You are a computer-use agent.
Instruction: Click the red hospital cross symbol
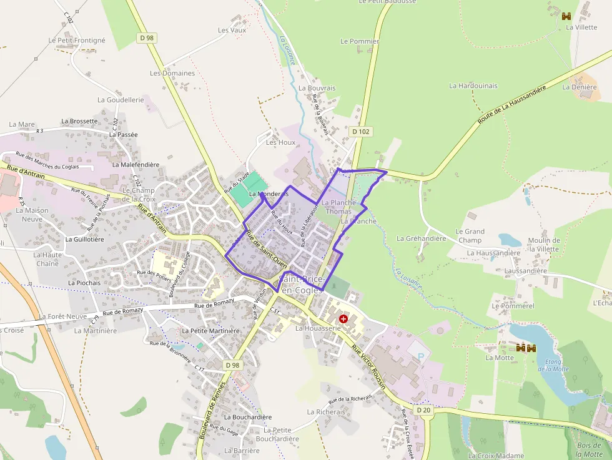pos(343,319)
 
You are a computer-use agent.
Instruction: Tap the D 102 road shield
pos(361,132)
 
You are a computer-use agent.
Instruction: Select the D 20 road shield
pos(423,409)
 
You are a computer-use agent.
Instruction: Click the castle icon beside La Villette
pos(567,16)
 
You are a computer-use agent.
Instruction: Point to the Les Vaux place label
pos(232,30)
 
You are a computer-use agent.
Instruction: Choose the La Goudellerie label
pos(121,100)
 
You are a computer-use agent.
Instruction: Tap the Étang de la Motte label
pos(553,365)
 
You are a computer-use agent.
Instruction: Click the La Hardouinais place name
pos(473,86)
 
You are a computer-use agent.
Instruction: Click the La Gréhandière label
pos(422,238)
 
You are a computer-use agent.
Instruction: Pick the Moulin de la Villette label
pos(543,244)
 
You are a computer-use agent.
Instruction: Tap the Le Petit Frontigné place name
pos(77,41)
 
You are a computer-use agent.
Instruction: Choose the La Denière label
pos(580,87)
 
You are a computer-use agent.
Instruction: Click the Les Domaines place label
pos(172,73)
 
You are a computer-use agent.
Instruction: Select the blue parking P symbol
pos(420,356)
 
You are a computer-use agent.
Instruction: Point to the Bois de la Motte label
pos(590,449)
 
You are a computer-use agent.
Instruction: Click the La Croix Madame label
pos(496,456)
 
